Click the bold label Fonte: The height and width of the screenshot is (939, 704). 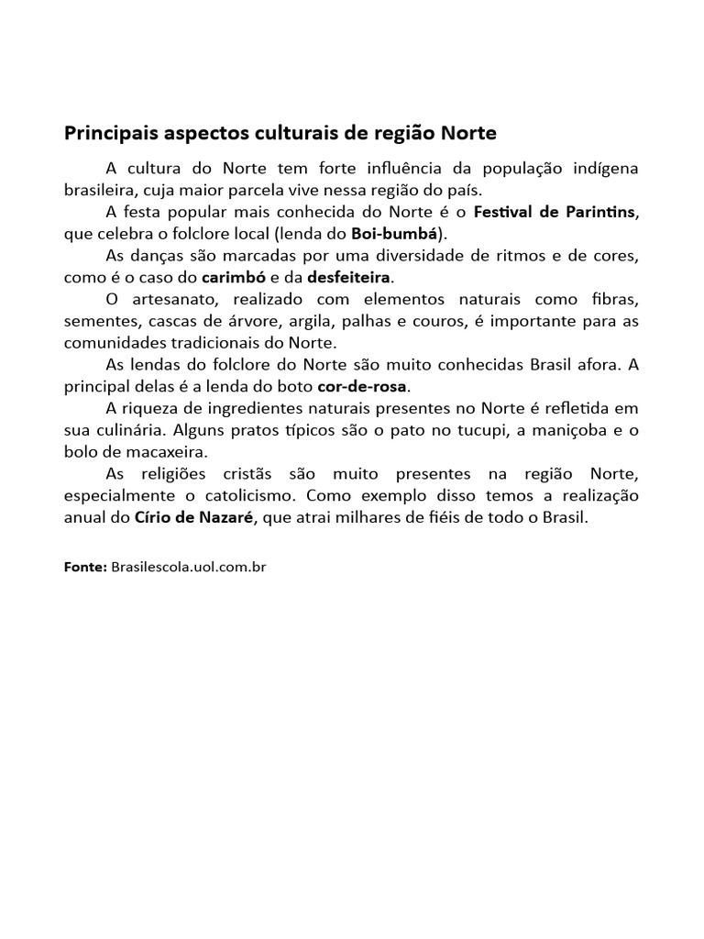pos(86,567)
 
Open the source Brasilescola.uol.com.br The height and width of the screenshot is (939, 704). pos(188,567)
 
